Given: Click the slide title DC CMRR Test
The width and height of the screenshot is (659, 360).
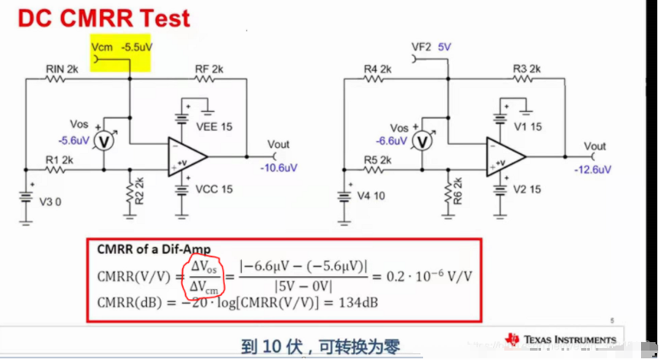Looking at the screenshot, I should (102, 17).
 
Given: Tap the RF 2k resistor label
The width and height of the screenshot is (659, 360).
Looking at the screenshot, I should (208, 68).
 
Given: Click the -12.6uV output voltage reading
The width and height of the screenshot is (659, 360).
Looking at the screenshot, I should (594, 169).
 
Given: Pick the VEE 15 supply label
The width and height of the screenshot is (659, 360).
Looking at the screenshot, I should (215, 126).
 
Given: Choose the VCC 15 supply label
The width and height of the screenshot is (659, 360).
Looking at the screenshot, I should (215, 189).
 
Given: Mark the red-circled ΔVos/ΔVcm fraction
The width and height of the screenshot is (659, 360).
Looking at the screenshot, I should (203, 277).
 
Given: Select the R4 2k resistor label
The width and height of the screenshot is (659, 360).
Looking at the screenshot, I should (377, 68).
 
